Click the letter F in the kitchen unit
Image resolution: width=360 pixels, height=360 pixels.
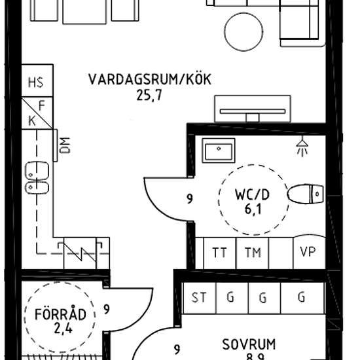(x=41, y=104)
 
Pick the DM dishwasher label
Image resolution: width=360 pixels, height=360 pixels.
(x=64, y=145)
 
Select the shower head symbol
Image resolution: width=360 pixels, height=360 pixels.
(x=302, y=145)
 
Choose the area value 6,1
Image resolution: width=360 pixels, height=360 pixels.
(x=252, y=210)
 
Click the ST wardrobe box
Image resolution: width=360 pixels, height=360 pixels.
(x=198, y=298)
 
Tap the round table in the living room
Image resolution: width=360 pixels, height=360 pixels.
(x=246, y=27)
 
